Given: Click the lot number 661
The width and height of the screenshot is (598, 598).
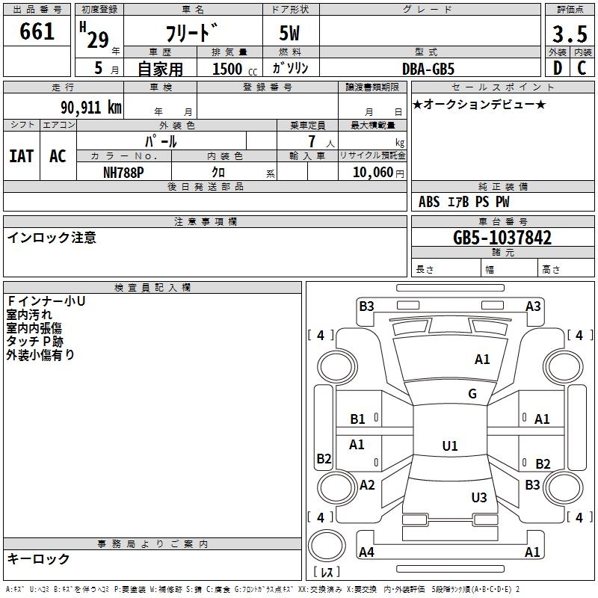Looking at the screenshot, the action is coord(37,31).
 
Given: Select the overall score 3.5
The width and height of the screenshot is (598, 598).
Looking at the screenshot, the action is coord(570,34).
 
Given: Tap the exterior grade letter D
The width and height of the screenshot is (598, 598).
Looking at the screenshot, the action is coord(558,68).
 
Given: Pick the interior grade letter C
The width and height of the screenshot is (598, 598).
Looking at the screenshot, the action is coord(582,68).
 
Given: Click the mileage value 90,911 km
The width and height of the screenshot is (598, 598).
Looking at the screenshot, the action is coord(91,108).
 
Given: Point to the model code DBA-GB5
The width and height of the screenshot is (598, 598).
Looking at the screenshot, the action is coord(428,69).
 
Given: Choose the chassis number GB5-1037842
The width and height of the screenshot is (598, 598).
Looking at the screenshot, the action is coord(502,238).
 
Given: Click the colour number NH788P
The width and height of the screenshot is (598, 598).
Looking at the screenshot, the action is coord(123,173).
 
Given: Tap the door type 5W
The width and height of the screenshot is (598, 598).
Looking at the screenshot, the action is coord(289,33).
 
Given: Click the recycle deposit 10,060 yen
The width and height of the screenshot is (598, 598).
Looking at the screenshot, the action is coord(378,173).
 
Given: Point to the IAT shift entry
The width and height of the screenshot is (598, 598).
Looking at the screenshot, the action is coord(22,156).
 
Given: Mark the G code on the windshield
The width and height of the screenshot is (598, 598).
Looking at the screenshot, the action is coord(472,394).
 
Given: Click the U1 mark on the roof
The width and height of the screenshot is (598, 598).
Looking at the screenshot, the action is coord(450,446).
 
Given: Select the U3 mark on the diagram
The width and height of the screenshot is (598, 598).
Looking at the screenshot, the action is coord(479,497).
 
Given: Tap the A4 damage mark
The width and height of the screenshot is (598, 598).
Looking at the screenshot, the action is coord(366,552).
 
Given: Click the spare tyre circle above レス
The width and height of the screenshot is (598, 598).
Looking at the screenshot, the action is coord(327,546).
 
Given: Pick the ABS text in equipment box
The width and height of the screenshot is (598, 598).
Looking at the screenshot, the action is coord(429,202).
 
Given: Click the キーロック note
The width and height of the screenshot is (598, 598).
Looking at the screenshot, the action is coord(38,558).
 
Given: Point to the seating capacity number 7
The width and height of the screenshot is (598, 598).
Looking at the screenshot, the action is coord(312,141).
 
